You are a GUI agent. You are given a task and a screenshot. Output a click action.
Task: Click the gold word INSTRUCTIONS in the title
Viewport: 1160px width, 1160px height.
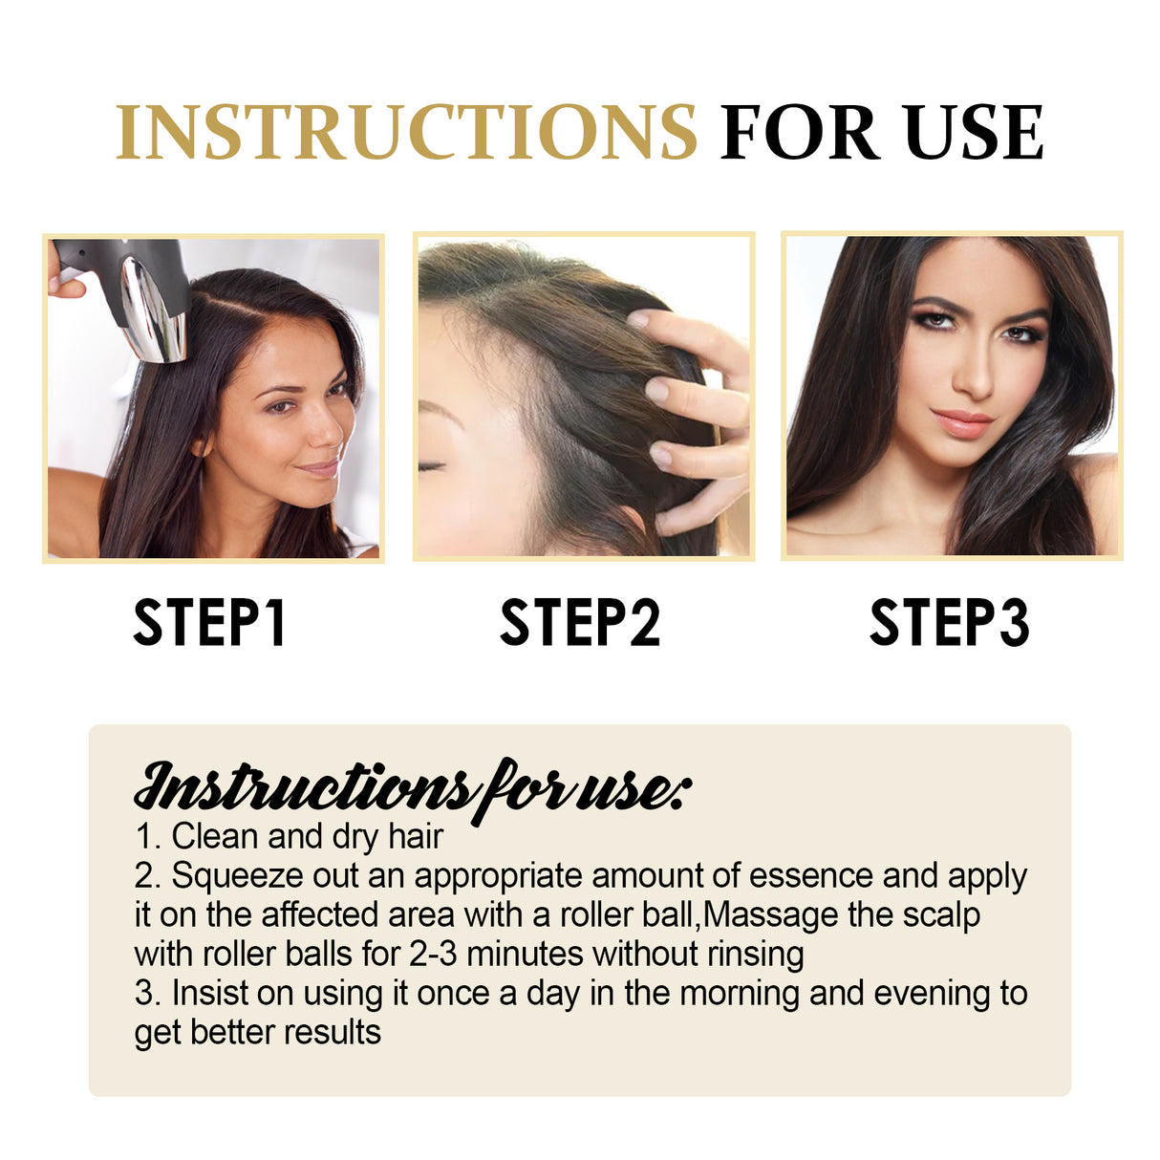(x=406, y=133)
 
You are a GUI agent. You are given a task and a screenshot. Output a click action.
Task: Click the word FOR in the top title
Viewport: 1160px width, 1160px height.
(x=800, y=133)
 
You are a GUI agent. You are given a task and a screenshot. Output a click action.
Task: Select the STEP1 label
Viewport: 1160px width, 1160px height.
(x=209, y=623)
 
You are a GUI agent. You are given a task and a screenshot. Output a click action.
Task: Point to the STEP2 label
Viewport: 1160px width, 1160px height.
(x=580, y=623)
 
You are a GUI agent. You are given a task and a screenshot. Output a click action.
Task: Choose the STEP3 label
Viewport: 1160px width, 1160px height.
(x=949, y=623)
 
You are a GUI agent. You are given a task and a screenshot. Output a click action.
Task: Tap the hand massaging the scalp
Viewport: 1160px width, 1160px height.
(x=693, y=401)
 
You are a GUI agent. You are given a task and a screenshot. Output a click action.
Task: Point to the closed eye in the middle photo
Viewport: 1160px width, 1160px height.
(x=432, y=465)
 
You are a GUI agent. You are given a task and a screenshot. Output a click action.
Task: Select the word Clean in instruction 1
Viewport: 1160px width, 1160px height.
(x=214, y=837)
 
